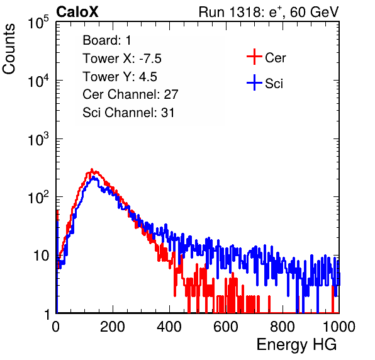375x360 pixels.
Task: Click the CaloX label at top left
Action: [x=77, y=12]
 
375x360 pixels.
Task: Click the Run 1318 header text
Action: [x=269, y=12]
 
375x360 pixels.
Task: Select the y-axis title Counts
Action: [x=9, y=49]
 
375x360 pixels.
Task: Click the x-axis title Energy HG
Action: [x=296, y=345]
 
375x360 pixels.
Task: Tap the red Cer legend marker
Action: [x=254, y=57]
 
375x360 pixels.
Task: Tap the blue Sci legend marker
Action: [x=254, y=82]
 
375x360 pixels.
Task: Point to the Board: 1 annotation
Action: [x=107, y=40]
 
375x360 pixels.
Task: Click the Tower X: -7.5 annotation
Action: [x=122, y=59]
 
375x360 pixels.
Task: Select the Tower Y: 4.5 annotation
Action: [x=120, y=77]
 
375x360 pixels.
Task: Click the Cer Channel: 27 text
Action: [x=130, y=94]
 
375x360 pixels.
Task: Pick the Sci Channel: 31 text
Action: [x=128, y=113]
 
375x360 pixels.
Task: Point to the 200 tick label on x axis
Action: [x=113, y=327]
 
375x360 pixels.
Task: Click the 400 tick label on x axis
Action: [x=169, y=327]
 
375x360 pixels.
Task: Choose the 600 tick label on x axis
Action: [x=226, y=327]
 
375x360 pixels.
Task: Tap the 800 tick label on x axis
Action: [x=283, y=327]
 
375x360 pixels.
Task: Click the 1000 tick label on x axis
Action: [x=339, y=327]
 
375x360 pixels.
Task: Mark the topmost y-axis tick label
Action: [x=38, y=22]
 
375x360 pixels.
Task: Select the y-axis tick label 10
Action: [x=41, y=256]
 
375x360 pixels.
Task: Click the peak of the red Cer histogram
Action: [x=92, y=169]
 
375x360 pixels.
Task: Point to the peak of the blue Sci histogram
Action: [x=94, y=177]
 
